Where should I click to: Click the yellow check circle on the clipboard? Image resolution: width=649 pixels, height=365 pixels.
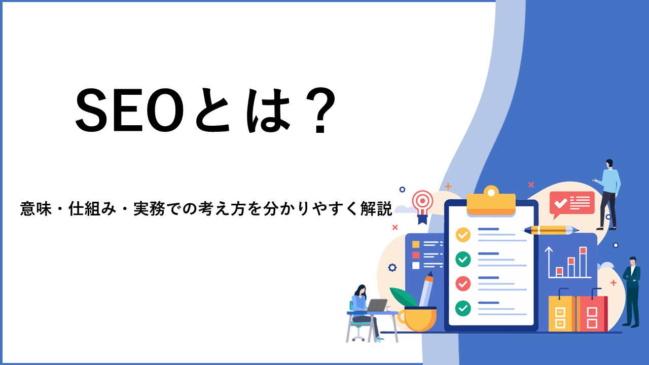pos(463,235)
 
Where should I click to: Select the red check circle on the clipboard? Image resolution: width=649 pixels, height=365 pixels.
pos(463,283)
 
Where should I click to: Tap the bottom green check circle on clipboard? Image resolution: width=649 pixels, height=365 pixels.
pos(463,308)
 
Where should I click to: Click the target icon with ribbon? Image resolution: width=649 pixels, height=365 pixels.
pos(422,206)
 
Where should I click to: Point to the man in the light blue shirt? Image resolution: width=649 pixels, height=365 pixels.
pos(608,194)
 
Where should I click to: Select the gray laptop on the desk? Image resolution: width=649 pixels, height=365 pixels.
pos(377,305)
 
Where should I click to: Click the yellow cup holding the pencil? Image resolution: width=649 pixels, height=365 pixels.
pos(417,319)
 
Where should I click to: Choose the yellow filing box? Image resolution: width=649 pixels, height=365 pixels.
pos(561,313)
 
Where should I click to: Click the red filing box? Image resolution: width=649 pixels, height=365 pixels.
pos(592,313)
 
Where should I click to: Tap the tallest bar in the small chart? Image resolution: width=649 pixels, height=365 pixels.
pos(583,262)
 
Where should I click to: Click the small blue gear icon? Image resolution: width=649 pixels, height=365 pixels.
pos(392,267)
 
